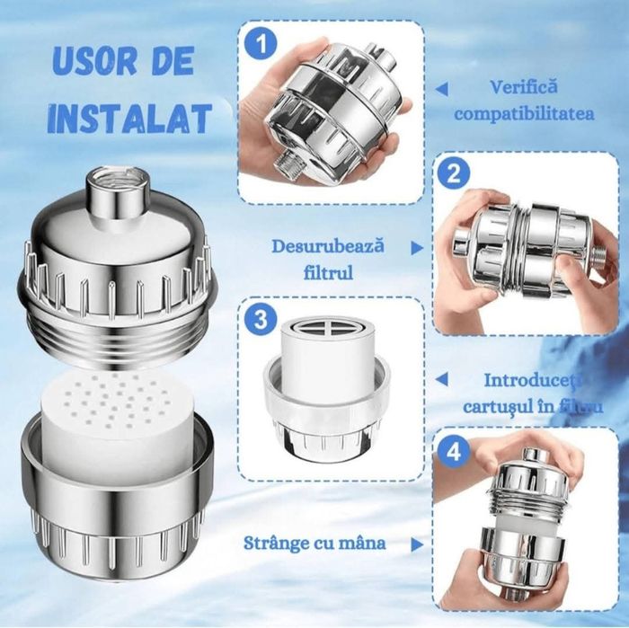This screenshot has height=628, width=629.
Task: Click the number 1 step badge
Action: pos(261,44)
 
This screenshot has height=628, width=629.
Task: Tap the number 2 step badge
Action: pos(454,174)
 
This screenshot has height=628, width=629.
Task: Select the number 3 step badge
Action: pos(261,321)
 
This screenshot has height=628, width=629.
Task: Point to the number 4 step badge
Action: pos(454,452)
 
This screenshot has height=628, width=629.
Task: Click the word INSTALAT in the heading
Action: pos(129,119)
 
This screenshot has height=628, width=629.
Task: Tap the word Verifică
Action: pos(524,87)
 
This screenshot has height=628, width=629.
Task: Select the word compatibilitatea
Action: pos(524,114)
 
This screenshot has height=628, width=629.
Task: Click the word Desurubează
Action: pos(328,246)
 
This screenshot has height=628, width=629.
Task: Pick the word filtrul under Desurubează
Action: pos(328,273)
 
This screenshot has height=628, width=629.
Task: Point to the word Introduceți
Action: pos(533,381)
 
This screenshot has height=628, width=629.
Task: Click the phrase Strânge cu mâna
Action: pos(314,543)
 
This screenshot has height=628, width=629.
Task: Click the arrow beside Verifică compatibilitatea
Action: pos(442,89)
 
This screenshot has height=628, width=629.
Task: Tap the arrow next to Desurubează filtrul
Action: pos(417,248)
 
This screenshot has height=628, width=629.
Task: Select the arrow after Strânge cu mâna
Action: pos(417,544)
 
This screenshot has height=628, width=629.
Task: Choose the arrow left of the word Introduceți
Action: pos(442,379)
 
